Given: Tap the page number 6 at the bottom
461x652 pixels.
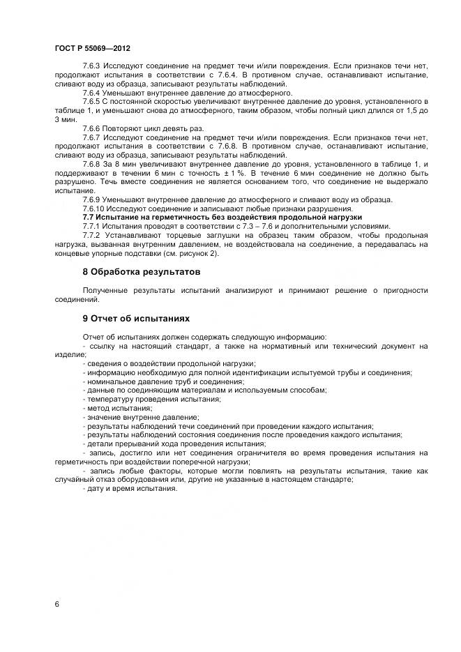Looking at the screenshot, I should (x=56, y=604).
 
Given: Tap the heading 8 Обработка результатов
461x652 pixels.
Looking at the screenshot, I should (x=141, y=271).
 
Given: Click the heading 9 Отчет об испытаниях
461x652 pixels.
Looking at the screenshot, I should (x=136, y=317).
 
